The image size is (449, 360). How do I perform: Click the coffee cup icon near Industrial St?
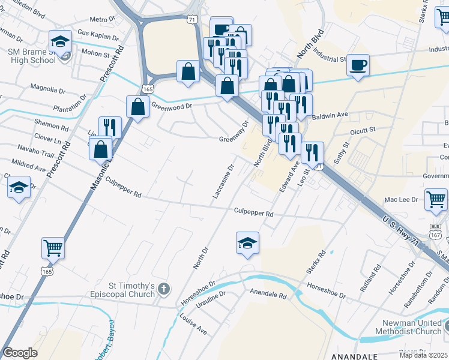pyautogui.click(x=358, y=65)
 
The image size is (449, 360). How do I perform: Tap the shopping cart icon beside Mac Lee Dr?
pyautogui.click(x=436, y=199)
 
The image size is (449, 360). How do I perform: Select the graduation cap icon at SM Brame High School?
pyautogui.click(x=60, y=41)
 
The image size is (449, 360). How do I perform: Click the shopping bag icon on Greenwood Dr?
pyautogui.click(x=138, y=107)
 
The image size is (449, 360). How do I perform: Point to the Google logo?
pyautogui.click(x=20, y=353)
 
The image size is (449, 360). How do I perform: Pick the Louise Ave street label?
pyautogui.click(x=193, y=324)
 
